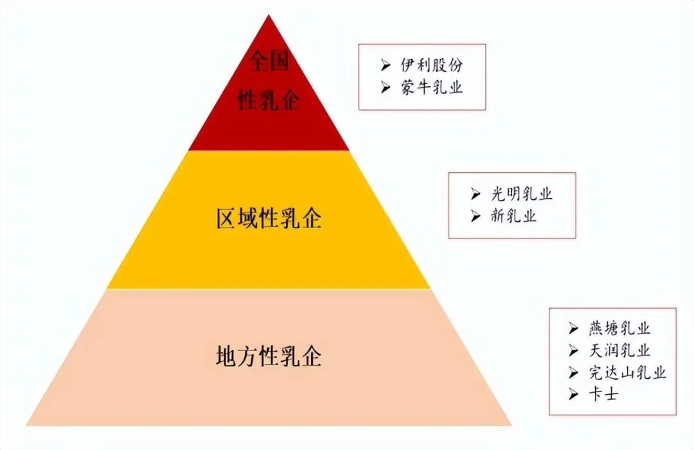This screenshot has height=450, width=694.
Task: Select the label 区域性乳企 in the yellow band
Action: coord(269,219)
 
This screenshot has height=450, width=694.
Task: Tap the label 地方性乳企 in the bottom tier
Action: coord(269,356)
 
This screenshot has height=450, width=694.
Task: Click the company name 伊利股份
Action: coord(431,66)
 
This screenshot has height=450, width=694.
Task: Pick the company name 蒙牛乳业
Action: coord(431,87)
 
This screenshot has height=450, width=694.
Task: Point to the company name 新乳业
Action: coord(512,216)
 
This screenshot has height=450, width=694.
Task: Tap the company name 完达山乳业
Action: coord(627,372)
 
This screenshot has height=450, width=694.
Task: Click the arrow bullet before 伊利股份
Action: coord(386,66)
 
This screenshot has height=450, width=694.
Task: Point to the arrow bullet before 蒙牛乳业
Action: coord(386,87)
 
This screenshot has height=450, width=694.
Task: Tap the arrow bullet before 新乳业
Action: coord(476,216)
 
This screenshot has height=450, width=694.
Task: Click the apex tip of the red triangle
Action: coord(269,15)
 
